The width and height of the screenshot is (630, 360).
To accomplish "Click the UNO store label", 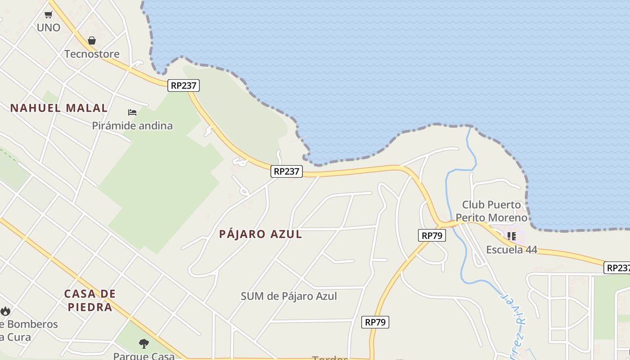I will tap(49, 27).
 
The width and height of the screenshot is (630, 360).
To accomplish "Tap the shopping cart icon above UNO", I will tap(49, 14).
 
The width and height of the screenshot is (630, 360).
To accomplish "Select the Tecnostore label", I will tap(92, 54).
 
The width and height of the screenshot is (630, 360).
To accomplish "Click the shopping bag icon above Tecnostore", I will tap(92, 40).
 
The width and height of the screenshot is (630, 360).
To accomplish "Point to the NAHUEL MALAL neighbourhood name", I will tap(59, 108).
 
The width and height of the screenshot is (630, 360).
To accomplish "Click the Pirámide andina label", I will tap(132, 126).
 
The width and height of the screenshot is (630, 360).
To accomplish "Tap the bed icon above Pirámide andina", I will tap(132, 112).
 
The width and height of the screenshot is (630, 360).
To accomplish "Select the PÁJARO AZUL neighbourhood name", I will tap(261, 234).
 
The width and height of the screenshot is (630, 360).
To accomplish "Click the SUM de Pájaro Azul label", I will tap(289, 296).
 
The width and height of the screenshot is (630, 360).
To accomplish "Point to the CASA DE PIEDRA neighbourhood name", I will tap(90, 301).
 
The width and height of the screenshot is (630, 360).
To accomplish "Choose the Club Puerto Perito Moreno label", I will tap(491, 211).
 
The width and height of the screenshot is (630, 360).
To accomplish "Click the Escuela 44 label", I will tap(512, 250).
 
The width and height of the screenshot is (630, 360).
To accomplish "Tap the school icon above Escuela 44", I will tap(512, 236).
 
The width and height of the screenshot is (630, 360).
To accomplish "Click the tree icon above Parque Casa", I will tap(144, 344).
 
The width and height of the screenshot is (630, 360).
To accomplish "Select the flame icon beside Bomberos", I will tap(5, 311).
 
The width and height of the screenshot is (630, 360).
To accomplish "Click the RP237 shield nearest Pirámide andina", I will tap(184, 85).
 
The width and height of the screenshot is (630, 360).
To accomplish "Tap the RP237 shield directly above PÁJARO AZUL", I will tap(287, 171).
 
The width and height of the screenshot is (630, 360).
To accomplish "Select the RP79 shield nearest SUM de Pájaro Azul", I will tap(375, 322).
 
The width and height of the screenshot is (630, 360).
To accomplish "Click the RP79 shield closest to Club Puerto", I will tap(432, 235).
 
